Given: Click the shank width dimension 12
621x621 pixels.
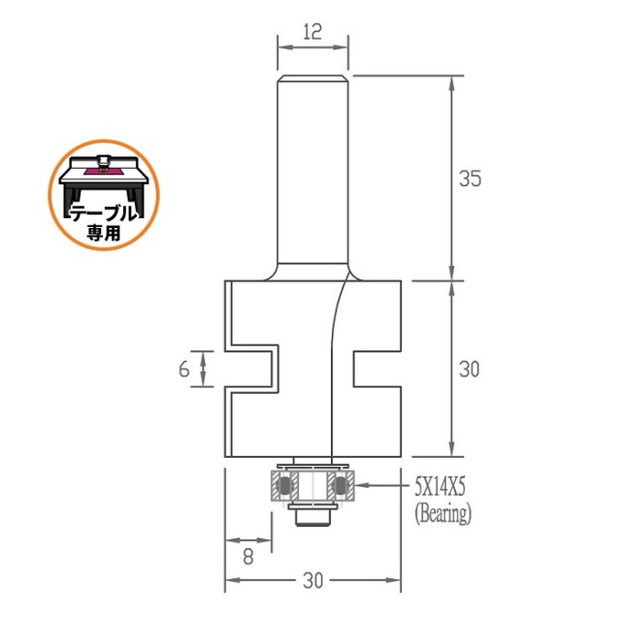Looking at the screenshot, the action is pos(312,32).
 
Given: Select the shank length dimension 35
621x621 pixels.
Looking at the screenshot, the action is pos(470,179).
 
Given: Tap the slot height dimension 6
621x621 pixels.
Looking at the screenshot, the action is pos(183,369).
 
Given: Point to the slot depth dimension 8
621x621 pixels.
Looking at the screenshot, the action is pos(248,556).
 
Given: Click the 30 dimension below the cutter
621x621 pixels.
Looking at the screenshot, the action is pos(312,580).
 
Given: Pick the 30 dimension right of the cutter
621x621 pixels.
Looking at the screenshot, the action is pos(470,369).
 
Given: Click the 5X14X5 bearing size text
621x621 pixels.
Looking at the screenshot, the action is pos(440,486).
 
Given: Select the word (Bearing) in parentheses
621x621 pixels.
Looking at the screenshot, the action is pos(443,513).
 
